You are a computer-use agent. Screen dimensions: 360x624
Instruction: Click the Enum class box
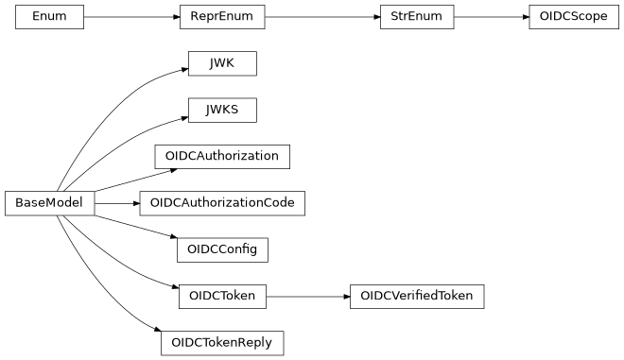[49, 17]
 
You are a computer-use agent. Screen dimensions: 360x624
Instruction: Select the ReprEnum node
[222, 17]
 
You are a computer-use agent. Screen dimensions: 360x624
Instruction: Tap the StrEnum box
[417, 17]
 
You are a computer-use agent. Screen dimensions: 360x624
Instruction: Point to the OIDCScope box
[568, 17]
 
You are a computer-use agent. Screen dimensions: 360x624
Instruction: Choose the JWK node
[222, 63]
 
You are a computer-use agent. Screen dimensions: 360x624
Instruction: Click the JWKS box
[222, 110]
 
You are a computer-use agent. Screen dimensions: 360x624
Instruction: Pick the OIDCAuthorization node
[222, 156]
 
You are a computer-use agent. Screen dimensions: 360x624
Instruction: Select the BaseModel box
[49, 202]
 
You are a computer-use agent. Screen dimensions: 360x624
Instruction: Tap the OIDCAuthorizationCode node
[222, 202]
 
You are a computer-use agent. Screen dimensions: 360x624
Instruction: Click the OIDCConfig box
[222, 249]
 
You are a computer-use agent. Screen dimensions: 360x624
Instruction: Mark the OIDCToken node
[222, 296]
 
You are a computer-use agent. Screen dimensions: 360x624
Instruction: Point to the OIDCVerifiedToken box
[417, 296]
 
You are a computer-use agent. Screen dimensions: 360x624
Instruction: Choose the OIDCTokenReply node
[222, 342]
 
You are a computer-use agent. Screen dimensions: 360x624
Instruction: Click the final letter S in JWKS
[234, 110]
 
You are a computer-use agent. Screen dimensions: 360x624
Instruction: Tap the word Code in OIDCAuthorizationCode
[278, 202]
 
